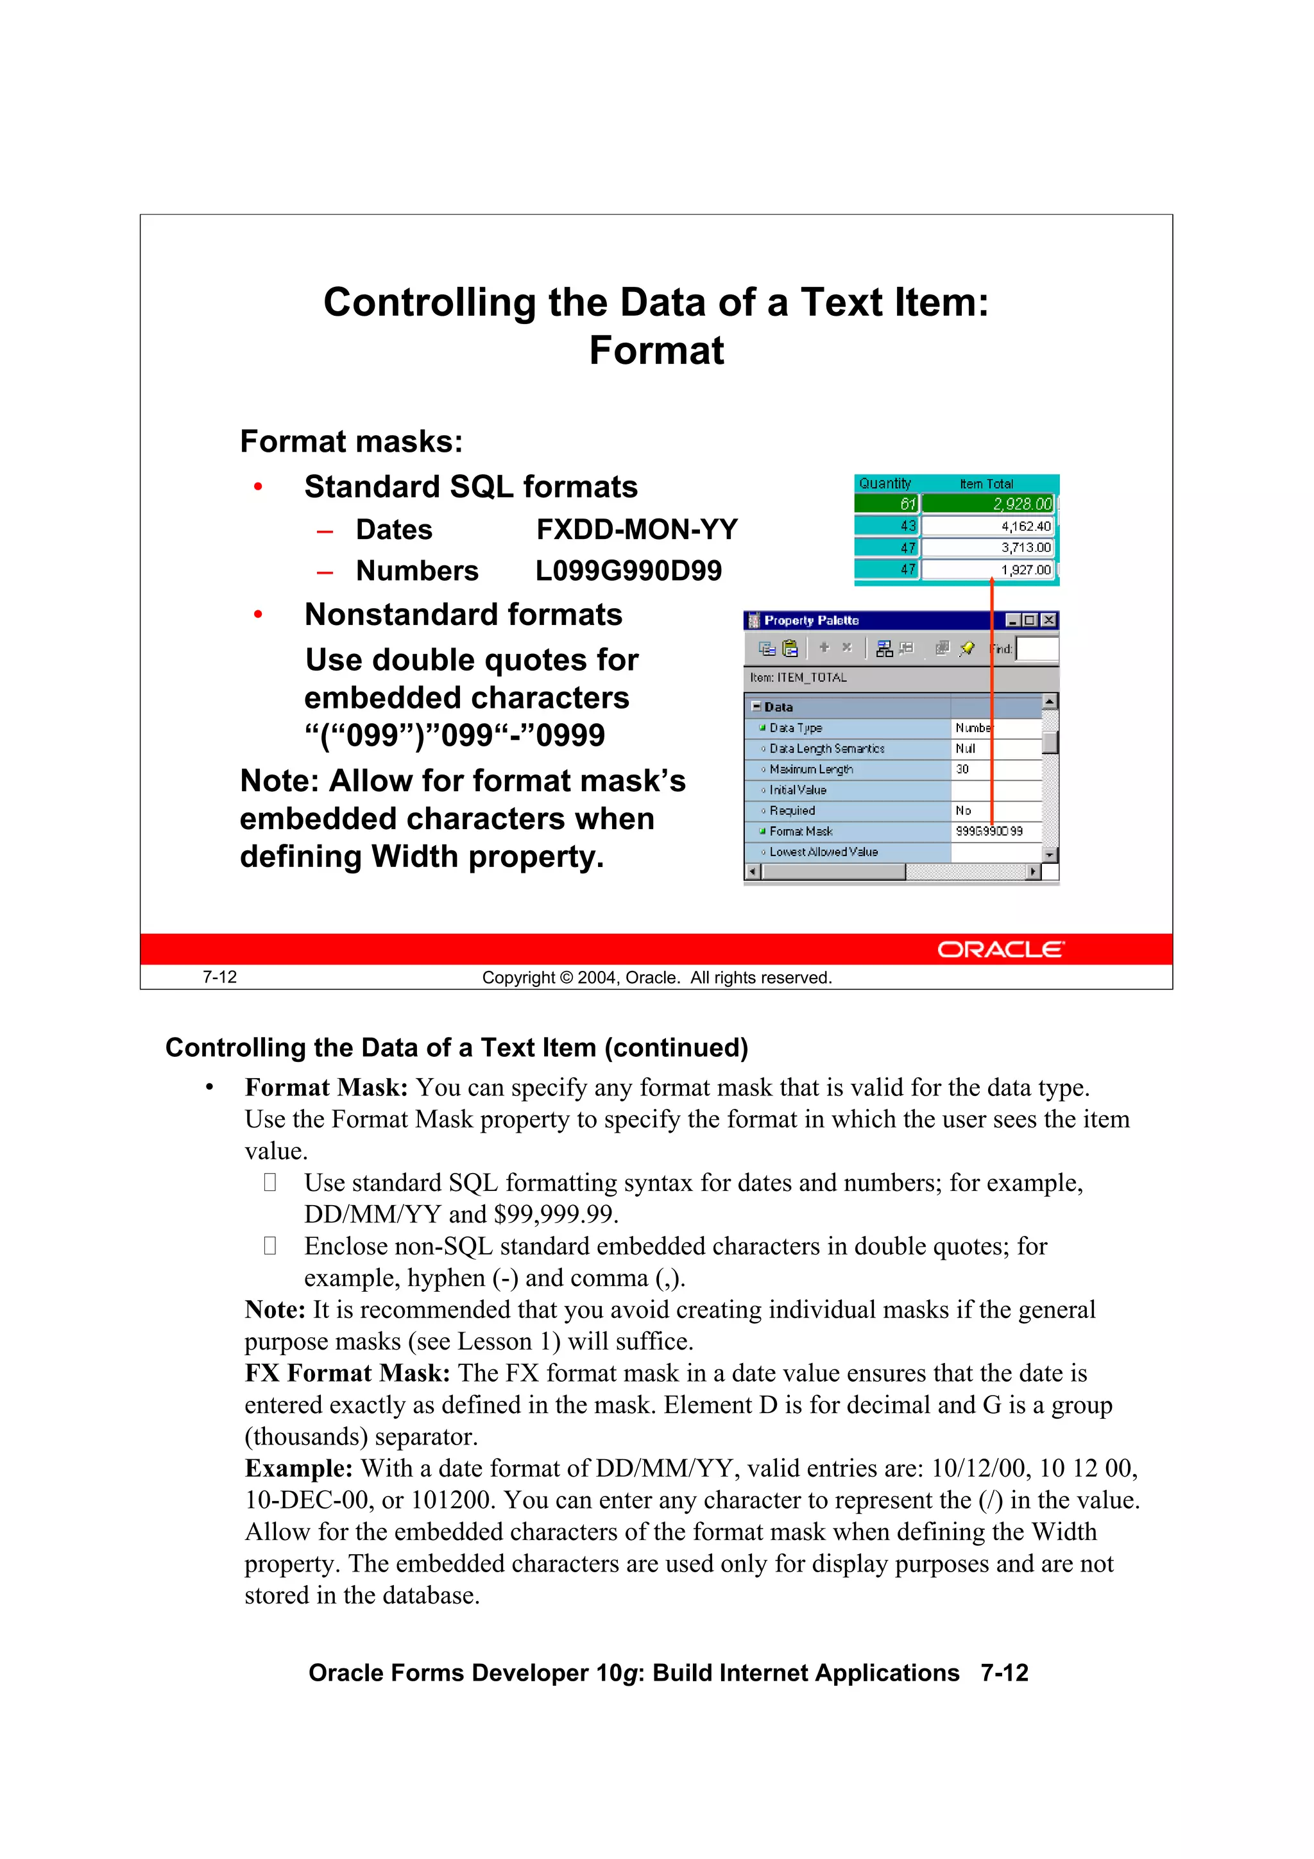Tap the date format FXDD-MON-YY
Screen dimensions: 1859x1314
[x=637, y=529]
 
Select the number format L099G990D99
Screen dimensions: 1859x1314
[x=628, y=571]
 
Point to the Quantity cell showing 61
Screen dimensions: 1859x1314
[x=887, y=504]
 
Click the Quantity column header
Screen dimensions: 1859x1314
[x=885, y=483]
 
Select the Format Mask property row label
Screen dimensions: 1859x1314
[x=801, y=832]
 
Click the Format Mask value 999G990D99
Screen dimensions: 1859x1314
[x=989, y=832]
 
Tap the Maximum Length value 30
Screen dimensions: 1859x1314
[x=962, y=769]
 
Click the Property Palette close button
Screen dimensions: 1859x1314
[x=1048, y=621]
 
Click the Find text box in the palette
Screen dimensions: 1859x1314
[x=1037, y=649]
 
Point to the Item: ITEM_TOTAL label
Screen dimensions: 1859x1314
[x=798, y=678]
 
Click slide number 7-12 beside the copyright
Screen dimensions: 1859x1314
[x=219, y=977]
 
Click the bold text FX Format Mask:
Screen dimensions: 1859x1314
[x=347, y=1373]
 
